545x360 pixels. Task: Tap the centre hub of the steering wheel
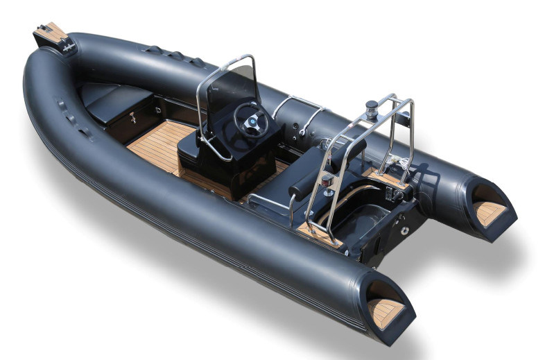(x=251, y=119)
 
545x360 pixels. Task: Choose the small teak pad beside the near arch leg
(x=315, y=233)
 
